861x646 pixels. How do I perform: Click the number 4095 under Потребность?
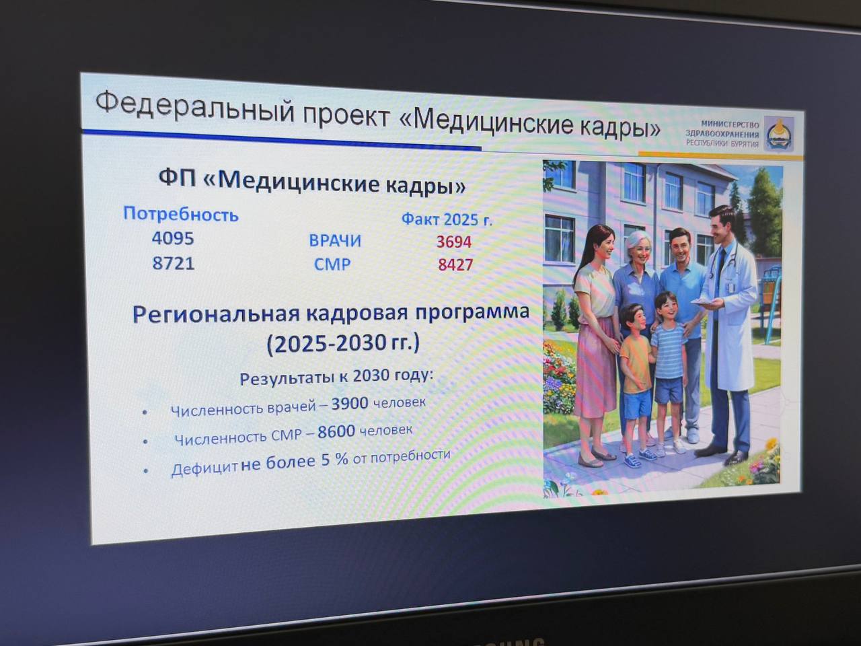[x=173, y=238]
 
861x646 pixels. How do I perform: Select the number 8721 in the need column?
[x=174, y=262]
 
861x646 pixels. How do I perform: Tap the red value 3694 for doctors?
[x=454, y=242]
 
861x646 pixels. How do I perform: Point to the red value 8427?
[x=455, y=264]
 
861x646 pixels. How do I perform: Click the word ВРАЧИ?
[x=335, y=240]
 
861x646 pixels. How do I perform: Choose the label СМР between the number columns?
[x=332, y=264]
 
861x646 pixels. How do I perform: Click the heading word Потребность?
[x=181, y=215]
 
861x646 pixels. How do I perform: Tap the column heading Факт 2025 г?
[x=447, y=219]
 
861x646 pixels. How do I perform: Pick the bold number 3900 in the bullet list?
[x=350, y=403]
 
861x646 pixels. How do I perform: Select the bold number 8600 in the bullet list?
[x=336, y=432]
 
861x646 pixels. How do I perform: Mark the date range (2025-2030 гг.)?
[x=343, y=344]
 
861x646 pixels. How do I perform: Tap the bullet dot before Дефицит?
[x=146, y=470]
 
